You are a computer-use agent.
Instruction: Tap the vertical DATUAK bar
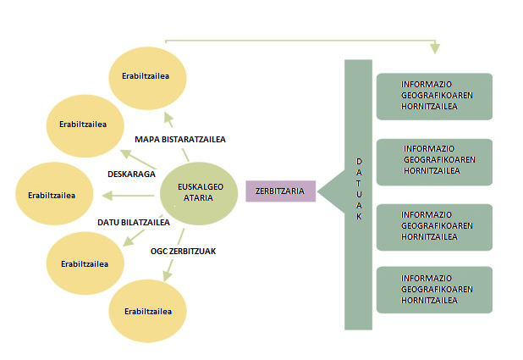[x=358, y=194]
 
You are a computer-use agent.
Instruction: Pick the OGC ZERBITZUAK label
[x=185, y=251]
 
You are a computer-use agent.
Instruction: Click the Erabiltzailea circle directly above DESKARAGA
[x=83, y=125]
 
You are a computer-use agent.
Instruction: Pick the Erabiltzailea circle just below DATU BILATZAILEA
[x=85, y=263]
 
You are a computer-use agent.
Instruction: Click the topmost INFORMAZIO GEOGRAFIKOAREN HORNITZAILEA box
[x=432, y=96]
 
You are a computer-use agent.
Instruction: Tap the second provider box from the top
[x=432, y=161]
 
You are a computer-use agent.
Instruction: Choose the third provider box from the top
[x=432, y=226]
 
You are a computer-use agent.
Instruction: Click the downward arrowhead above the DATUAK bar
[x=435, y=47]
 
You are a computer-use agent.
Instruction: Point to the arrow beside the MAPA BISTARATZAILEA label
[x=168, y=119]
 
